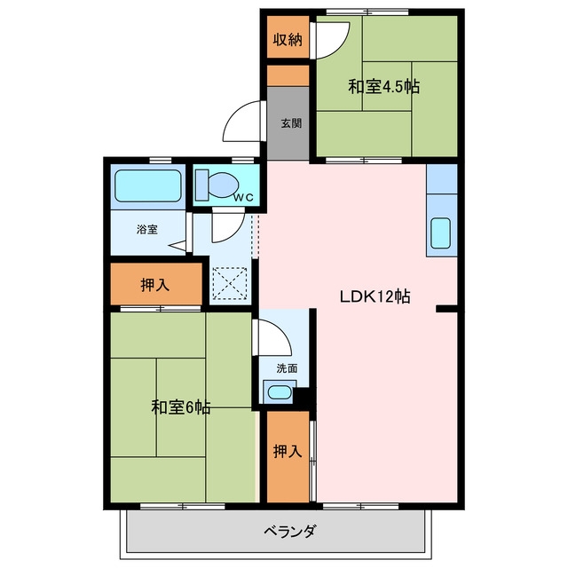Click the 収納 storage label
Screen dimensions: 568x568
pyautogui.click(x=288, y=39)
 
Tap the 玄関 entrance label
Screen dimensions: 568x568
pyautogui.click(x=291, y=123)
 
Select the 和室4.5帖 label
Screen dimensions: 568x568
pyautogui.click(x=384, y=87)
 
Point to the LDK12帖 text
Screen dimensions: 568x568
pyautogui.click(x=375, y=296)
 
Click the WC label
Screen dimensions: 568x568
pyautogui.click(x=243, y=197)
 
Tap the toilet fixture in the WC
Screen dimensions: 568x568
pyautogui.click(x=217, y=185)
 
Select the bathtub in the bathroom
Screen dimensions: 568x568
pyautogui.click(x=148, y=185)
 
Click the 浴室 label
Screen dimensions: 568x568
pyautogui.click(x=147, y=229)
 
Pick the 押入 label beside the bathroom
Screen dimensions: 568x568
pyautogui.click(x=155, y=285)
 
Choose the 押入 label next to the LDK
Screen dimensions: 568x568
pyautogui.click(x=288, y=452)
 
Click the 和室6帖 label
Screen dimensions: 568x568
pyautogui.click(x=181, y=407)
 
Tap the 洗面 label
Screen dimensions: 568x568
pyautogui.click(x=288, y=368)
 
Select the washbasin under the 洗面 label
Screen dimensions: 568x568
pyautogui.click(x=280, y=392)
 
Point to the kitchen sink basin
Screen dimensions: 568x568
pyautogui.click(x=441, y=233)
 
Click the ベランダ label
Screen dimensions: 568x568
pyautogui.click(x=290, y=532)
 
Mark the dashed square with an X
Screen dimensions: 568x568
pyautogui.click(x=230, y=283)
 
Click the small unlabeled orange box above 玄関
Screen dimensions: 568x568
pyautogui.click(x=288, y=75)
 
